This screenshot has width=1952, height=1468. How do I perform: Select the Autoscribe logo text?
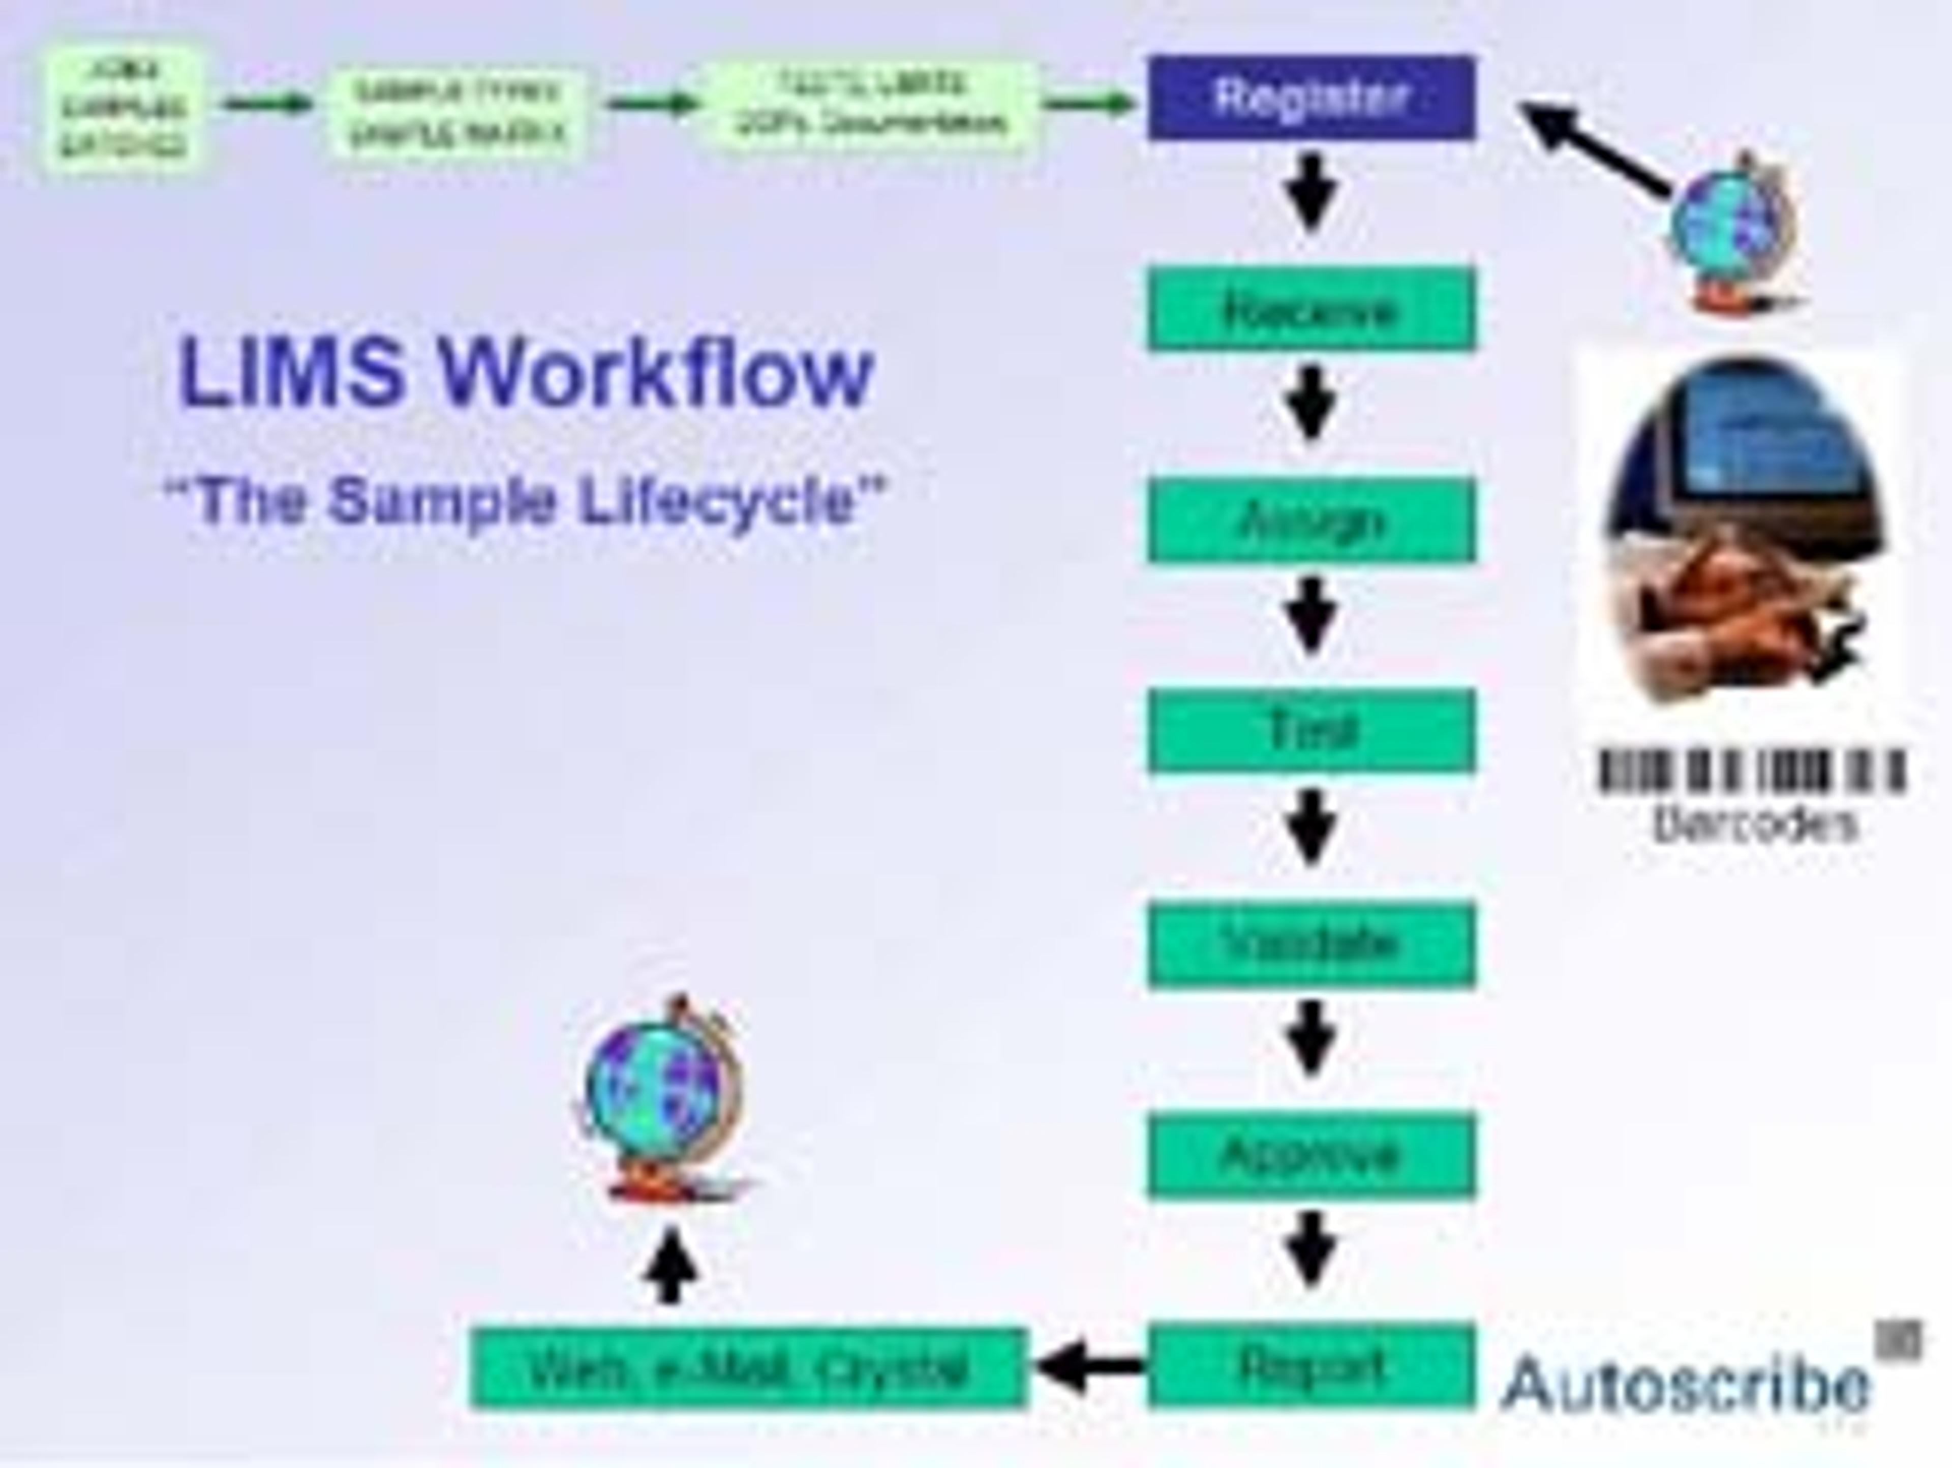tap(1686, 1383)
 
